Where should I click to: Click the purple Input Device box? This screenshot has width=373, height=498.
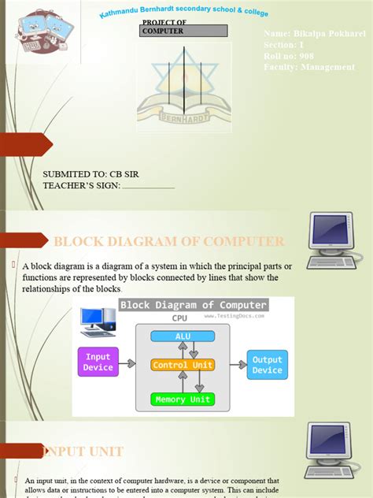[x=98, y=362]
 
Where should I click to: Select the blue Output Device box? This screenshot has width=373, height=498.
[x=267, y=365]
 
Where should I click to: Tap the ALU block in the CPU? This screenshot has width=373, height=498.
[x=183, y=336]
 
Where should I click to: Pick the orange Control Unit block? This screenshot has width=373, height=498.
[x=183, y=365]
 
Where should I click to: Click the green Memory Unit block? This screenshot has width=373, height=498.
[x=183, y=400]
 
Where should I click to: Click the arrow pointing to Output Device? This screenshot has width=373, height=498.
[x=237, y=365]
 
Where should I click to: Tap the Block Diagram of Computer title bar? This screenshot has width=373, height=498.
[x=194, y=305]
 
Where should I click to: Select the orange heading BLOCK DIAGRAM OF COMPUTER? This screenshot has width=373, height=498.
[x=168, y=241]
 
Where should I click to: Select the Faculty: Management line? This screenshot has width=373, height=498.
[x=309, y=67]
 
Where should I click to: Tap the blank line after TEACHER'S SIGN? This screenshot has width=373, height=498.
[x=149, y=187]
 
